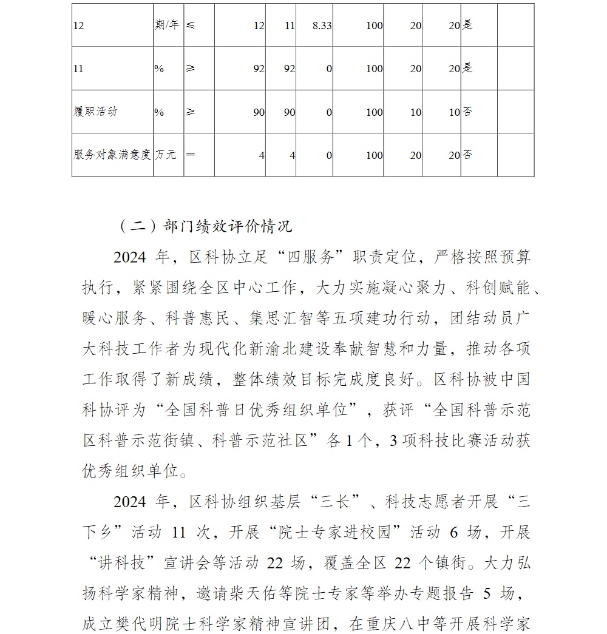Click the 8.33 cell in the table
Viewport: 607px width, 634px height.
(x=321, y=25)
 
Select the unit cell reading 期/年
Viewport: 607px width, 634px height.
(x=168, y=25)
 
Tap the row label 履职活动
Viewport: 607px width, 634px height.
(x=95, y=112)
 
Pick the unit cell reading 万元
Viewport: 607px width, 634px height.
(x=166, y=155)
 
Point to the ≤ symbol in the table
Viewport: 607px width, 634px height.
(x=191, y=25)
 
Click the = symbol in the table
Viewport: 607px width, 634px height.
(x=191, y=155)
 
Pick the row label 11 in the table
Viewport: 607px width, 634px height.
(x=78, y=69)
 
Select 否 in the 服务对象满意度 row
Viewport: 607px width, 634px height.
(x=468, y=155)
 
